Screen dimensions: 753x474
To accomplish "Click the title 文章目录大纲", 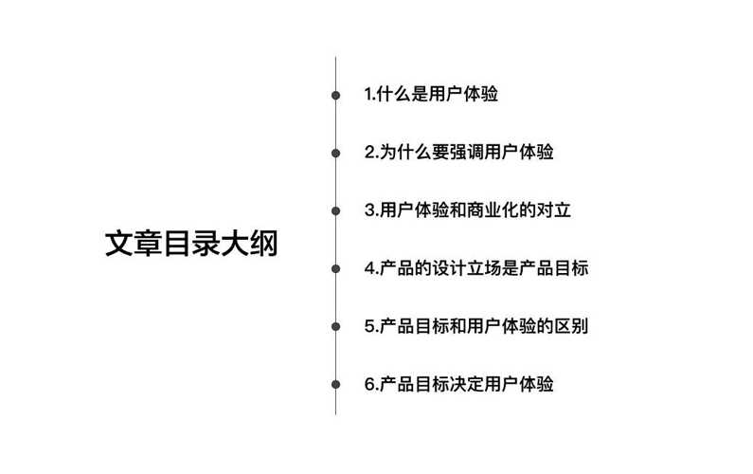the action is pyautogui.click(x=191, y=244).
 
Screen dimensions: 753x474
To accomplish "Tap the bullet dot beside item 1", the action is pyautogui.click(x=335, y=95).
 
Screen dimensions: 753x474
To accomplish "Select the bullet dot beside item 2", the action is pyautogui.click(x=335, y=153).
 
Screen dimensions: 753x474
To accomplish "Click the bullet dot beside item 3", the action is pyautogui.click(x=335, y=210).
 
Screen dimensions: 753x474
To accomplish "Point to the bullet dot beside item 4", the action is pyautogui.click(x=335, y=268).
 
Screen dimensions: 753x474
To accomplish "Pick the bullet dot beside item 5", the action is pyautogui.click(x=335, y=326).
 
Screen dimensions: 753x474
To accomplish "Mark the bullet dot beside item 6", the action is pyautogui.click(x=335, y=384).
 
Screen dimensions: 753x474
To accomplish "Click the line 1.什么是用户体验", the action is pyautogui.click(x=431, y=94).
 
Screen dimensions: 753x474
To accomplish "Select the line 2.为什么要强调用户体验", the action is pyautogui.click(x=458, y=152).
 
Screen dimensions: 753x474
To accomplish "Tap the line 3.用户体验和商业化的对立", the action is pyautogui.click(x=467, y=210).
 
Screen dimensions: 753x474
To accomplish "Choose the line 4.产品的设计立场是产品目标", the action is pyautogui.click(x=476, y=268).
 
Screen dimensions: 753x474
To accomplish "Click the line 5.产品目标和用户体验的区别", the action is pyautogui.click(x=476, y=326).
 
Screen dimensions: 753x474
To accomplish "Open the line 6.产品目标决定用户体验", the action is pyautogui.click(x=458, y=384).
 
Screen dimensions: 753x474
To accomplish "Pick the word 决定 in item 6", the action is pyautogui.click(x=467, y=384).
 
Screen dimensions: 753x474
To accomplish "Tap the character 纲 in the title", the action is pyautogui.click(x=263, y=244).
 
